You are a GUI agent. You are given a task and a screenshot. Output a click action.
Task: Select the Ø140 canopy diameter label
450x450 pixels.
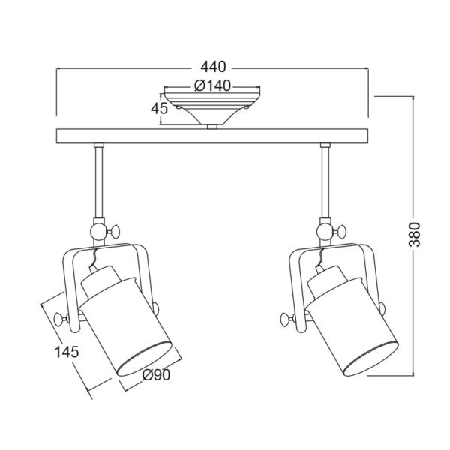click(x=212, y=85)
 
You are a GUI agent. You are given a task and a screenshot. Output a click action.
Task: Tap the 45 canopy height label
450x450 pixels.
click(x=159, y=108)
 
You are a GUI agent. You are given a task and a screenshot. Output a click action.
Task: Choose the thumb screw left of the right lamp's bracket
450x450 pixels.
click(x=284, y=320)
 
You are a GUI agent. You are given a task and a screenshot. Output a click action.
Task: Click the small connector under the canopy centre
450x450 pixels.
click(x=213, y=127)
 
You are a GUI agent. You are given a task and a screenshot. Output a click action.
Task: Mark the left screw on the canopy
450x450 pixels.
click(x=178, y=106)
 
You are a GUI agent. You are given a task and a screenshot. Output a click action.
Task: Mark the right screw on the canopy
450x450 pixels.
click(x=246, y=106)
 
